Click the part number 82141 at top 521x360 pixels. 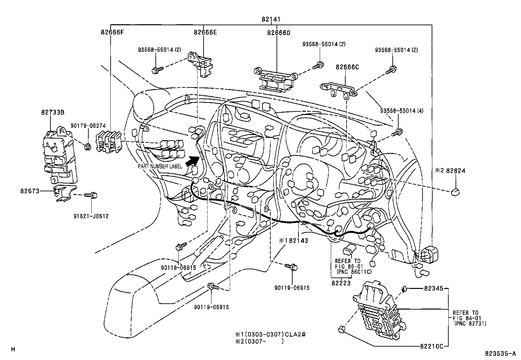[271, 19]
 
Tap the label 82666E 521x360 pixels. [205, 32]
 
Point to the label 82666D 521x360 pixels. [278, 32]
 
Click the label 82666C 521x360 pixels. [347, 67]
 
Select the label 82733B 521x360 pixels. [53, 112]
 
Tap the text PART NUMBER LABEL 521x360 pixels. [160, 166]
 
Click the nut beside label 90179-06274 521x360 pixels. [87, 147]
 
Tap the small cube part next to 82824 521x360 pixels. [455, 192]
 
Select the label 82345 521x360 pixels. [434, 289]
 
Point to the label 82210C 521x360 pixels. [432, 346]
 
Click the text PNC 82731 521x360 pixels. [470, 323]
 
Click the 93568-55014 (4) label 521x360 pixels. [402, 111]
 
